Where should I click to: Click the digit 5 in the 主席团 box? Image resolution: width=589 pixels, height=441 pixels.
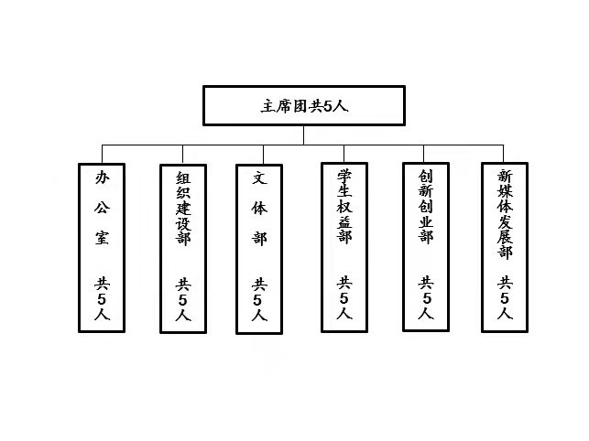(x=328, y=107)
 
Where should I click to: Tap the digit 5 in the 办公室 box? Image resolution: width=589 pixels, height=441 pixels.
(x=102, y=299)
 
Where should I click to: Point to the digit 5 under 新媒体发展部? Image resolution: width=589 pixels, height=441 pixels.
(x=505, y=298)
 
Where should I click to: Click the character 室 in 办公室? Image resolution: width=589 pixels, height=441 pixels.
(x=102, y=238)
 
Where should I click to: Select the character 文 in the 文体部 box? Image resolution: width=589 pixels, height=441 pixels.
(x=259, y=177)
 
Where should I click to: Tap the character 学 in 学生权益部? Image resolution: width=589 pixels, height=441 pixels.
(x=344, y=176)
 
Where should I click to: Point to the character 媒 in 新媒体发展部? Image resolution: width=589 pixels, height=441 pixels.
(x=505, y=191)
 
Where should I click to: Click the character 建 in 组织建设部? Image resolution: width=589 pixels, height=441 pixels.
(x=183, y=208)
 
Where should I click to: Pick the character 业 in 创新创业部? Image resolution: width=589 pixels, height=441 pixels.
(x=426, y=221)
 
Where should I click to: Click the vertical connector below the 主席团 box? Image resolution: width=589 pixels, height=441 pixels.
(x=303, y=135)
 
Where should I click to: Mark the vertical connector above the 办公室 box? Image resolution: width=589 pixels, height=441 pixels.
(x=102, y=154)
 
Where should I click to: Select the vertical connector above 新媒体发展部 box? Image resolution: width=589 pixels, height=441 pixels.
(x=504, y=154)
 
